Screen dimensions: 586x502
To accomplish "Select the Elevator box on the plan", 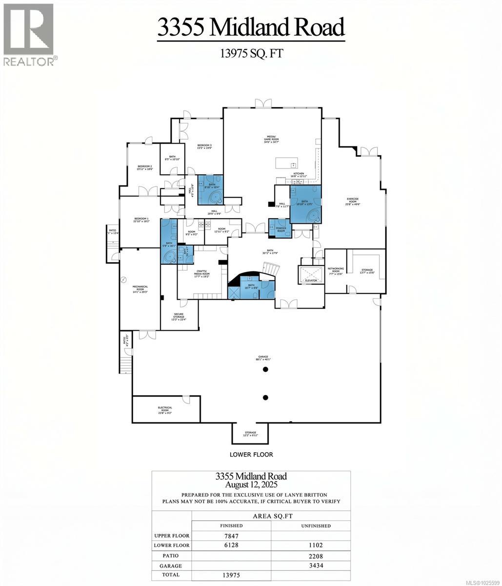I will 311,274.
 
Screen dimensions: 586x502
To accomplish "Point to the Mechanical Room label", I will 140,289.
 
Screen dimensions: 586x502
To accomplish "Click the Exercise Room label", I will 353,200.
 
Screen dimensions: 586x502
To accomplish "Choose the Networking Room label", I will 336,270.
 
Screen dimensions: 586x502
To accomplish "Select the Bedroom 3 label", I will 204,146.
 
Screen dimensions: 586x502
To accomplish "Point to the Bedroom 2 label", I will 145,167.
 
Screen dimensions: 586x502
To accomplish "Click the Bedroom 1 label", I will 141,220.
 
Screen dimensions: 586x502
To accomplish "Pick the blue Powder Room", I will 280,229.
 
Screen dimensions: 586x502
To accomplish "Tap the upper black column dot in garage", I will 265,370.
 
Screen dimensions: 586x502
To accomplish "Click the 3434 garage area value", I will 310,565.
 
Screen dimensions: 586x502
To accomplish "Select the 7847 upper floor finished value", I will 231,536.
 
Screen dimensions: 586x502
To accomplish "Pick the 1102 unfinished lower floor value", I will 310,545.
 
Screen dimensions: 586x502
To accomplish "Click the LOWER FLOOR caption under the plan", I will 251,454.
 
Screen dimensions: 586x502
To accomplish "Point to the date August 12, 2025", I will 251,485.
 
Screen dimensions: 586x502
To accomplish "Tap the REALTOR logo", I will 29,34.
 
